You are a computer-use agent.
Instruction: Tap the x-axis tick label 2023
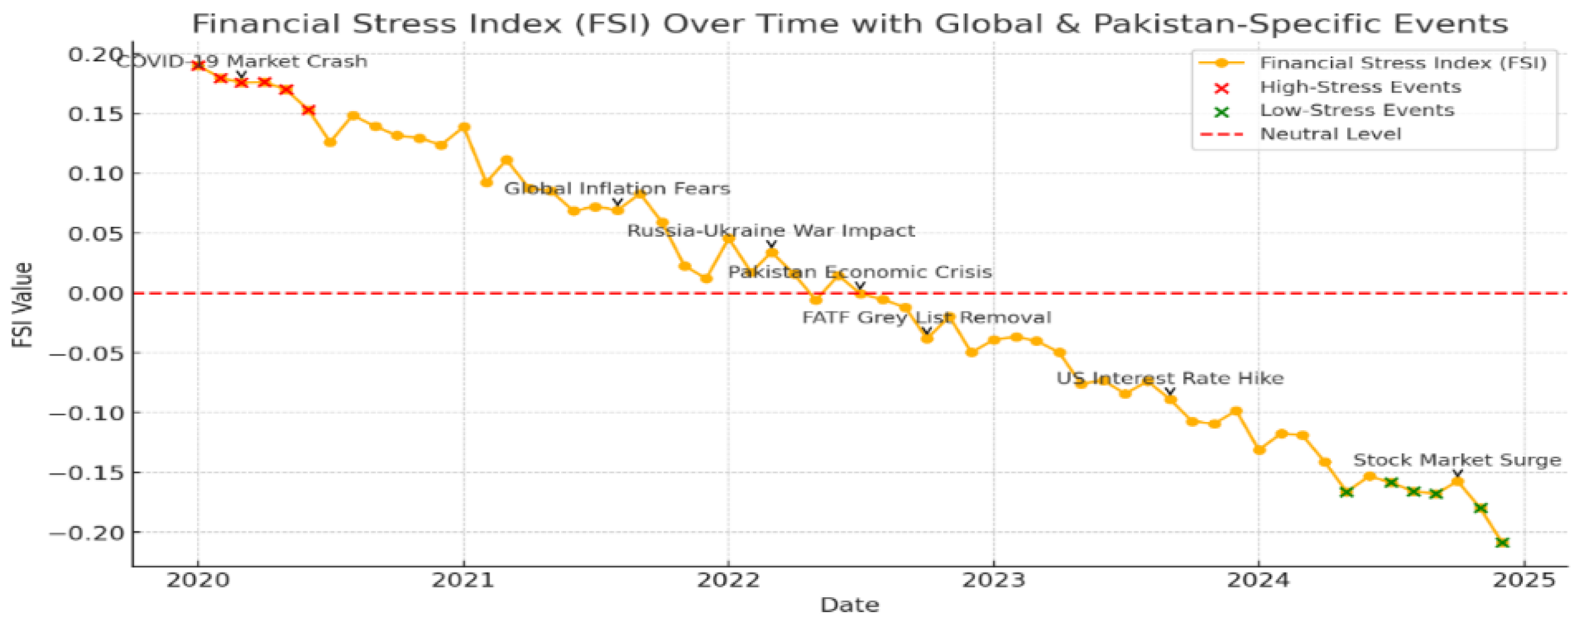coord(993,580)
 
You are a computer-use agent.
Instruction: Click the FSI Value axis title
coord(23,305)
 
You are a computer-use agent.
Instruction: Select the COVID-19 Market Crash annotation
coord(242,62)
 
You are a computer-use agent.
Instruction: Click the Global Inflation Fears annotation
coord(617,189)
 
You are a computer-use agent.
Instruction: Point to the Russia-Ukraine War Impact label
coord(771,231)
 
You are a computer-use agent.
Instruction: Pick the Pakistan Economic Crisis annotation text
coord(859,272)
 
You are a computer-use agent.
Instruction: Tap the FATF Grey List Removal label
coord(926,318)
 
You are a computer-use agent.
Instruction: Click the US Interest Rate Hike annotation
coord(1170,378)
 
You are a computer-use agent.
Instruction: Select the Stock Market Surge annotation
coord(1457,460)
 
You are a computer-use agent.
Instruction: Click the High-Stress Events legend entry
coord(1360,87)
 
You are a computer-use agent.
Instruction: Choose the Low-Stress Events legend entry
coord(1356,111)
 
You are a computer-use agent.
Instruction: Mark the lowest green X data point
coord(1502,542)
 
